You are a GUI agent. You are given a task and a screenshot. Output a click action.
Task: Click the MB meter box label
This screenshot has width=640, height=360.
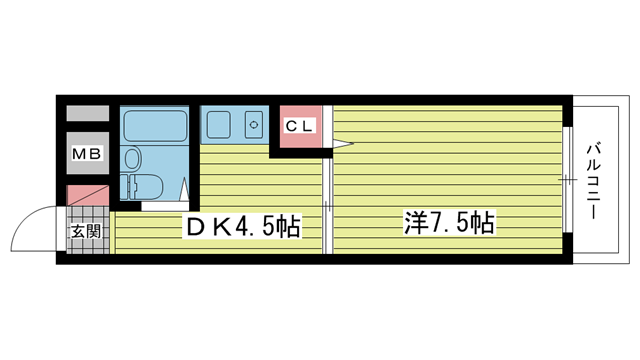[x=87, y=154]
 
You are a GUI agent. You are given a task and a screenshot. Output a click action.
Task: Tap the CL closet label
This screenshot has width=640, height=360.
[x=300, y=126]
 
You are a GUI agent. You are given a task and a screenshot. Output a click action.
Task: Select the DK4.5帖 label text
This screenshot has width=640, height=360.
[x=243, y=226]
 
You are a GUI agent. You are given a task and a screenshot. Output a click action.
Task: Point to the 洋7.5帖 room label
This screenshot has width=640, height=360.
[x=449, y=222]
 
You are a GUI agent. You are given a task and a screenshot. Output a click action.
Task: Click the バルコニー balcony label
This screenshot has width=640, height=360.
[x=593, y=181]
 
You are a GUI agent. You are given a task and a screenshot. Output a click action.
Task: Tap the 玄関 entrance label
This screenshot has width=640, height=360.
[x=86, y=231]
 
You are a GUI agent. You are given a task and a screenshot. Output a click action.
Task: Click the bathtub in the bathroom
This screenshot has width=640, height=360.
[x=155, y=126]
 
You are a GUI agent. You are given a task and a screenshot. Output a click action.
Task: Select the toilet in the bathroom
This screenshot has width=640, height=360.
[x=142, y=187]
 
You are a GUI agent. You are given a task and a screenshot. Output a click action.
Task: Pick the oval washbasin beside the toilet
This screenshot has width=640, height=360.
[x=133, y=158]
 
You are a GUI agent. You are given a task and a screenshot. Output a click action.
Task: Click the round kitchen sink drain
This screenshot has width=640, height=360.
[x=254, y=124]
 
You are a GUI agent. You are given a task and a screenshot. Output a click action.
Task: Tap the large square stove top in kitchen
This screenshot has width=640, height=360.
[x=219, y=124]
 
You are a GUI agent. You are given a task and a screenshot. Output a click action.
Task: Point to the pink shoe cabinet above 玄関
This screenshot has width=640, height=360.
[x=88, y=196]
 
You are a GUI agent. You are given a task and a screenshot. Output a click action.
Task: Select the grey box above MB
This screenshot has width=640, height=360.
[x=88, y=113]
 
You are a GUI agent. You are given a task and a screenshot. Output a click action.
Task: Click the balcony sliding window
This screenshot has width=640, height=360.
[x=567, y=180]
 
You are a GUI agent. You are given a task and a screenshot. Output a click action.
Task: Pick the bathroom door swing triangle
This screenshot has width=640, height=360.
[x=184, y=189]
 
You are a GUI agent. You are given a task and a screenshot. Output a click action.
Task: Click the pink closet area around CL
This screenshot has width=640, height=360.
[x=301, y=127]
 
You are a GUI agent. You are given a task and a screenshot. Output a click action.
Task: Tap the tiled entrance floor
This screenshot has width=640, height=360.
[x=88, y=230]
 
